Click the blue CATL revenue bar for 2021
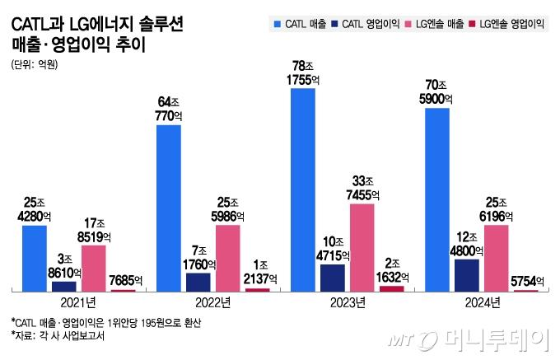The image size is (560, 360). click(x=35, y=257)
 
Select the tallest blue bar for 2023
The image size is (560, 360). click(x=303, y=189)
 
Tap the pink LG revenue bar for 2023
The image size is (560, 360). click(x=362, y=246)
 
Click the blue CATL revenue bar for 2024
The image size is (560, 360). click(x=436, y=199)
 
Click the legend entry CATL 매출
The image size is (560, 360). click(x=301, y=25)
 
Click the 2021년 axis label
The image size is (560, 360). click(x=80, y=303)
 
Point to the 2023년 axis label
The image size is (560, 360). click(x=348, y=303)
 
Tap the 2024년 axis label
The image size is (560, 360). click(x=482, y=303)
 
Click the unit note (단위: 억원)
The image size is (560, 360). click(x=35, y=66)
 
